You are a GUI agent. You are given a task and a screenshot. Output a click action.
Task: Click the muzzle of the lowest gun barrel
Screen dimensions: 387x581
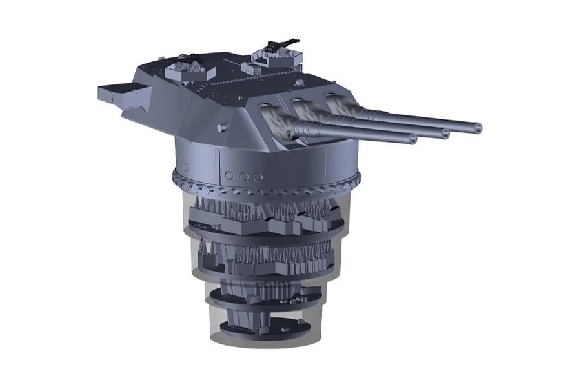[411, 138]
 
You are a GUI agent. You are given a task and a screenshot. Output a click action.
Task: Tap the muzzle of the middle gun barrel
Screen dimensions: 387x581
[445, 134]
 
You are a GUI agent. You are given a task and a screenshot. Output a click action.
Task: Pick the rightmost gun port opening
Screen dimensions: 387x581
[332, 100]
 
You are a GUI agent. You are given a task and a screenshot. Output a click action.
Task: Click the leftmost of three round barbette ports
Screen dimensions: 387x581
[230, 175]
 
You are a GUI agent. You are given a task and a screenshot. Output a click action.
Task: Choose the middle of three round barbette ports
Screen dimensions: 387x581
[243, 176]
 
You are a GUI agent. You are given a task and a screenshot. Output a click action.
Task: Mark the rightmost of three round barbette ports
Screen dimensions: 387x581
[258, 177]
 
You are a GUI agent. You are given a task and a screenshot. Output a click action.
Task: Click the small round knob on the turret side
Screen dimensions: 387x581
[222, 128]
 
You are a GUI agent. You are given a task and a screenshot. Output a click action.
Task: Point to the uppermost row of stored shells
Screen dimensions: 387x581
[265, 210]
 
